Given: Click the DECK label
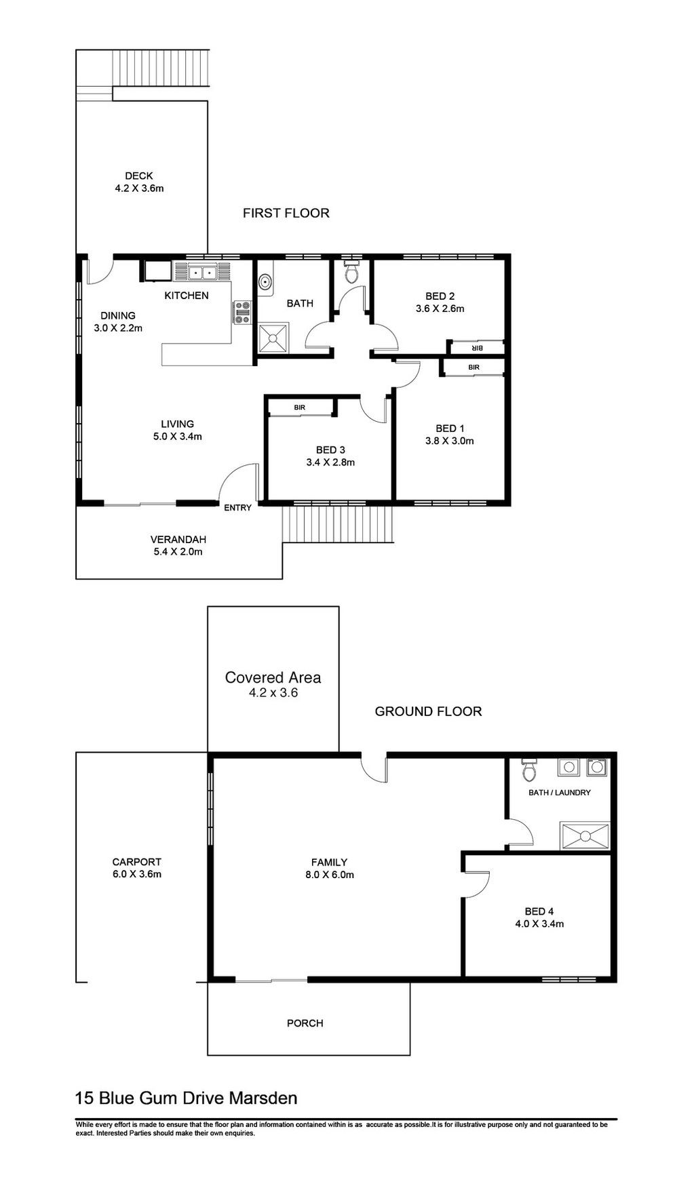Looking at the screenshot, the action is tap(139, 176).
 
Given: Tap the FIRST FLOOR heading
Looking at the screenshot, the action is tap(286, 213).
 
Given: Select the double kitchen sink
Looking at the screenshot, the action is tap(201, 273).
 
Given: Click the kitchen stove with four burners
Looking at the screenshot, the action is tap(242, 313).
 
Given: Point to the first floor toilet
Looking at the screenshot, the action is tap(351, 272).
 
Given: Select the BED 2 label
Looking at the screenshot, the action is tap(440, 296).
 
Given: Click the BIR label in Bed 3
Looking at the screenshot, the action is tap(299, 408).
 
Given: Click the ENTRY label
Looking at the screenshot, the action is tap(237, 508).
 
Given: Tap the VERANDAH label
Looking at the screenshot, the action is tap(178, 540).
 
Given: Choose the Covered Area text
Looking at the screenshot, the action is tap(273, 677).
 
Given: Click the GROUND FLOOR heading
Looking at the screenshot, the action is tap(428, 711).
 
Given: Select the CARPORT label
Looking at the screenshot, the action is tap(137, 863).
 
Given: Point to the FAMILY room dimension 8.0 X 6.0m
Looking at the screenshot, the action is tap(329, 875).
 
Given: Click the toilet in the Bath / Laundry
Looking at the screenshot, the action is tap(530, 770).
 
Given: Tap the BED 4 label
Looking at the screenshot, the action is tap(539, 911).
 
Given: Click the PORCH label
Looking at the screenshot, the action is tap(305, 1023).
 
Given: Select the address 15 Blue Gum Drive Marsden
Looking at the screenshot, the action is tap(186, 1098).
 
